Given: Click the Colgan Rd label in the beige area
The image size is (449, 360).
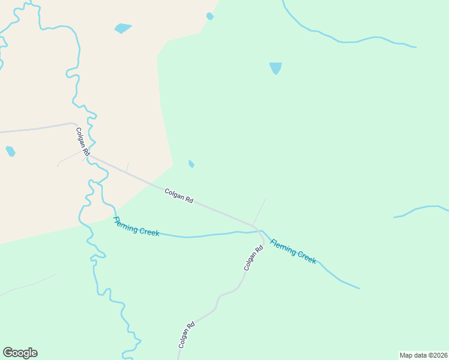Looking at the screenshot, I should (83, 142).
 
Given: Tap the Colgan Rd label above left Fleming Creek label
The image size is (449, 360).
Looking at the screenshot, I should (179, 196).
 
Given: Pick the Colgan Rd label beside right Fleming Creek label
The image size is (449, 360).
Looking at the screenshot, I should (253, 258).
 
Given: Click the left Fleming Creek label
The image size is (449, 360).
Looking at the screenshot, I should (136, 226).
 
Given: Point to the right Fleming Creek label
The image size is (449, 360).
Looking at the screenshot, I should (293, 251).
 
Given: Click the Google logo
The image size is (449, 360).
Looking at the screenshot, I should (20, 353).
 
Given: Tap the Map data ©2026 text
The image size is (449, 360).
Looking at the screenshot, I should (423, 355).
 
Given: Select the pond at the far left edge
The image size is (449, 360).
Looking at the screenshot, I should (10, 151).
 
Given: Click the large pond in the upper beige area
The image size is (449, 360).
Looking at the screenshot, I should (122, 28).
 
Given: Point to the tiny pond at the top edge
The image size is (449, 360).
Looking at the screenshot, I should (209, 16).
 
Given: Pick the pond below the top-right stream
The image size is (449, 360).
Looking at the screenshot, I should (276, 68).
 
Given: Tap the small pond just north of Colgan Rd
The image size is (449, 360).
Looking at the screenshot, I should (191, 164).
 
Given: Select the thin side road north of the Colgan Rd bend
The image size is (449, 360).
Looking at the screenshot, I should (259, 211).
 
